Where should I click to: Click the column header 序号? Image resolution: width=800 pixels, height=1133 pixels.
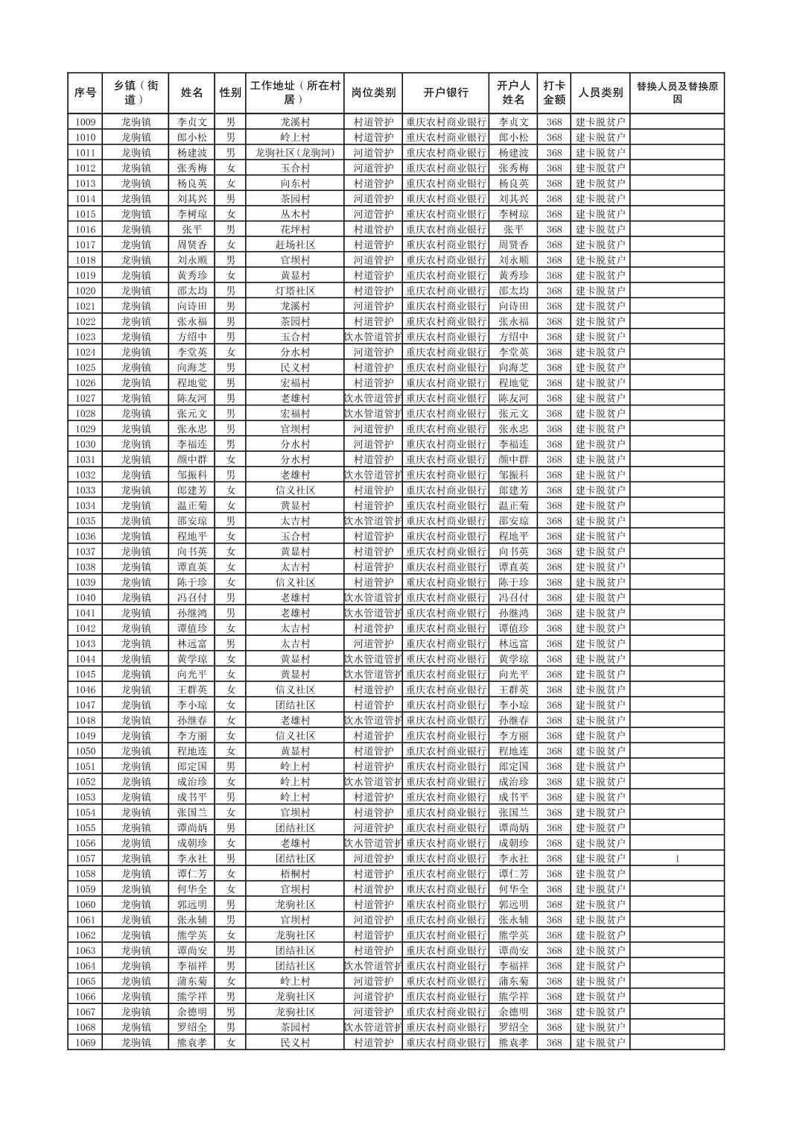pyautogui.click(x=85, y=92)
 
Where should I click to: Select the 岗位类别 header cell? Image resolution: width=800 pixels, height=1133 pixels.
pyautogui.click(x=373, y=92)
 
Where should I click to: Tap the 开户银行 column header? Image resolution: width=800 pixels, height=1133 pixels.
pyautogui.click(x=445, y=92)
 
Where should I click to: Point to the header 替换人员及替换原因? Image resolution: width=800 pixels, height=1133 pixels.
pyautogui.click(x=676, y=92)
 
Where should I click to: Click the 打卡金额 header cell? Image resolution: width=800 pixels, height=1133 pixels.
pyautogui.click(x=553, y=92)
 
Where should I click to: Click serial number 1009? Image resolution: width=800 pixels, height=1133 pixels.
pyautogui.click(x=85, y=121)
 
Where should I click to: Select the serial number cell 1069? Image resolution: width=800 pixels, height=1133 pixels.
pyautogui.click(x=85, y=1042)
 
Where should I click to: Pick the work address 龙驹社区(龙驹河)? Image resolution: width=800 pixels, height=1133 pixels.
pyautogui.click(x=295, y=152)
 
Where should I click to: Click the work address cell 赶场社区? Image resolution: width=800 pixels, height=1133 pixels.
pyautogui.click(x=295, y=244)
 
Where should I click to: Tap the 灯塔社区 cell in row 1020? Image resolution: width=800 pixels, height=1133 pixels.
pyautogui.click(x=295, y=291)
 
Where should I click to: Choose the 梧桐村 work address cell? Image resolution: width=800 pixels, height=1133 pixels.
pyautogui.click(x=295, y=874)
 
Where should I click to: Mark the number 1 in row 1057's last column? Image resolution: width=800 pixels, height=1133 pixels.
pyautogui.click(x=677, y=859)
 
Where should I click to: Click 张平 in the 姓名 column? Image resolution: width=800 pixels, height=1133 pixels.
pyautogui.click(x=191, y=230)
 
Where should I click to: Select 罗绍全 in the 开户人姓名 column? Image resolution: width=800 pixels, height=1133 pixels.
pyautogui.click(x=513, y=1027)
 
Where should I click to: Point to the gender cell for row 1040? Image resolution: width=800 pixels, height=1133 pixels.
pyautogui.click(x=231, y=598)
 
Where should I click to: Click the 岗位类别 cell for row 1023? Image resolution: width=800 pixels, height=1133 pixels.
pyautogui.click(x=373, y=337)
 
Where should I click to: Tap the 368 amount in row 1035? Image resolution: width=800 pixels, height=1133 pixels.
pyautogui.click(x=553, y=521)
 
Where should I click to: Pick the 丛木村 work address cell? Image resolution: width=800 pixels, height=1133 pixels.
pyautogui.click(x=295, y=214)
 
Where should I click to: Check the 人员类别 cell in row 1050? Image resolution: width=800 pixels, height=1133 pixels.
pyautogui.click(x=600, y=751)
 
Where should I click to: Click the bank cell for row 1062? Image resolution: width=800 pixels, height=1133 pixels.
pyautogui.click(x=445, y=935)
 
